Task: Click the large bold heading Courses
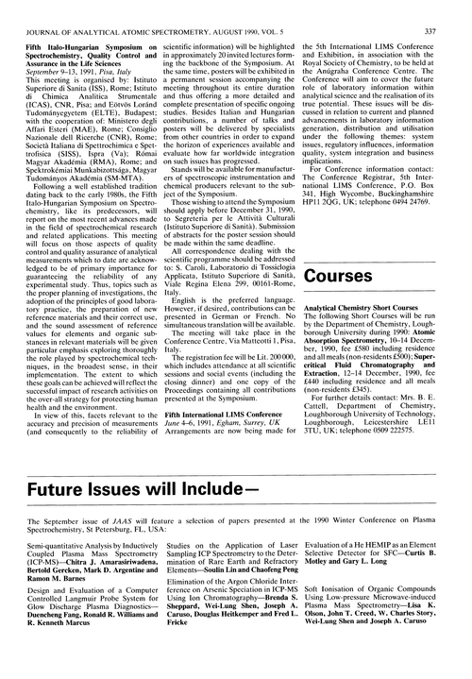click(358, 275)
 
